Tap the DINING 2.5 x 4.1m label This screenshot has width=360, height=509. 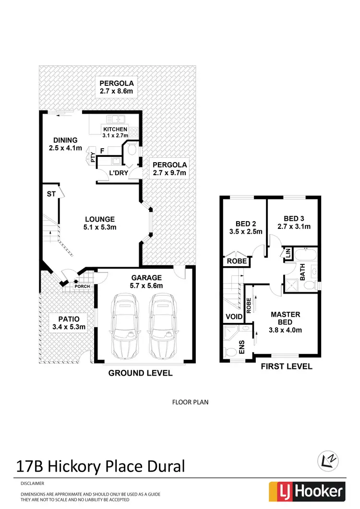pyautogui.click(x=65, y=144)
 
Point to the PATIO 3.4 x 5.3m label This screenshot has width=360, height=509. pyautogui.click(x=66, y=322)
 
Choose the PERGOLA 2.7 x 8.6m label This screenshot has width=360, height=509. pyautogui.click(x=116, y=86)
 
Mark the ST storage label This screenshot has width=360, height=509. pyautogui.click(x=51, y=194)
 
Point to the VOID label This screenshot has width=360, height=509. pyautogui.click(x=234, y=317)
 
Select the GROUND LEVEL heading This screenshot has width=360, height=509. pyautogui.click(x=140, y=373)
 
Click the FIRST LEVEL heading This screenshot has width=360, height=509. pyautogui.click(x=286, y=367)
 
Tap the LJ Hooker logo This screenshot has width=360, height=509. pyautogui.click(x=307, y=491)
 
